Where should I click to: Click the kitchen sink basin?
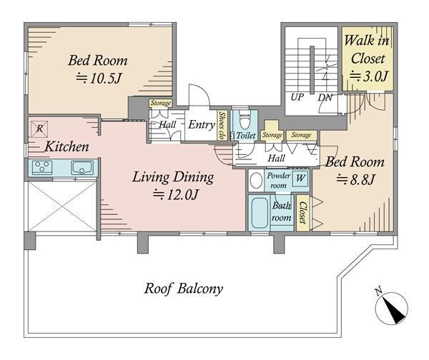click(x=82, y=168)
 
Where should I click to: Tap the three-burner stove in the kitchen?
click(x=42, y=167)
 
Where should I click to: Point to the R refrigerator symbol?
click(x=39, y=129)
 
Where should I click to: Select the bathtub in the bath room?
click(x=260, y=213)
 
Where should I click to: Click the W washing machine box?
click(x=300, y=179)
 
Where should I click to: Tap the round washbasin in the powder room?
click(x=257, y=181)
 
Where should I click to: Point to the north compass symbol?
click(x=392, y=306)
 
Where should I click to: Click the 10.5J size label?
click(x=99, y=79)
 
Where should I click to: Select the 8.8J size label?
click(x=355, y=179)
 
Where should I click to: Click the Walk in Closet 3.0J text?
click(x=368, y=59)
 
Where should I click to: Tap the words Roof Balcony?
click(x=183, y=289)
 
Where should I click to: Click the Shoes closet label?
click(x=222, y=126)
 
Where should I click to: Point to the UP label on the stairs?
click(x=297, y=97)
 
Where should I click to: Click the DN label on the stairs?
click(x=325, y=98)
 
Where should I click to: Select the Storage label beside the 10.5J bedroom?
click(x=161, y=103)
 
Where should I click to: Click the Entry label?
click(x=202, y=125)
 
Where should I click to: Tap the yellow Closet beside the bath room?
click(x=303, y=213)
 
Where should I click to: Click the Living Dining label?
click(x=173, y=177)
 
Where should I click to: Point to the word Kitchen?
click(x=66, y=146)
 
